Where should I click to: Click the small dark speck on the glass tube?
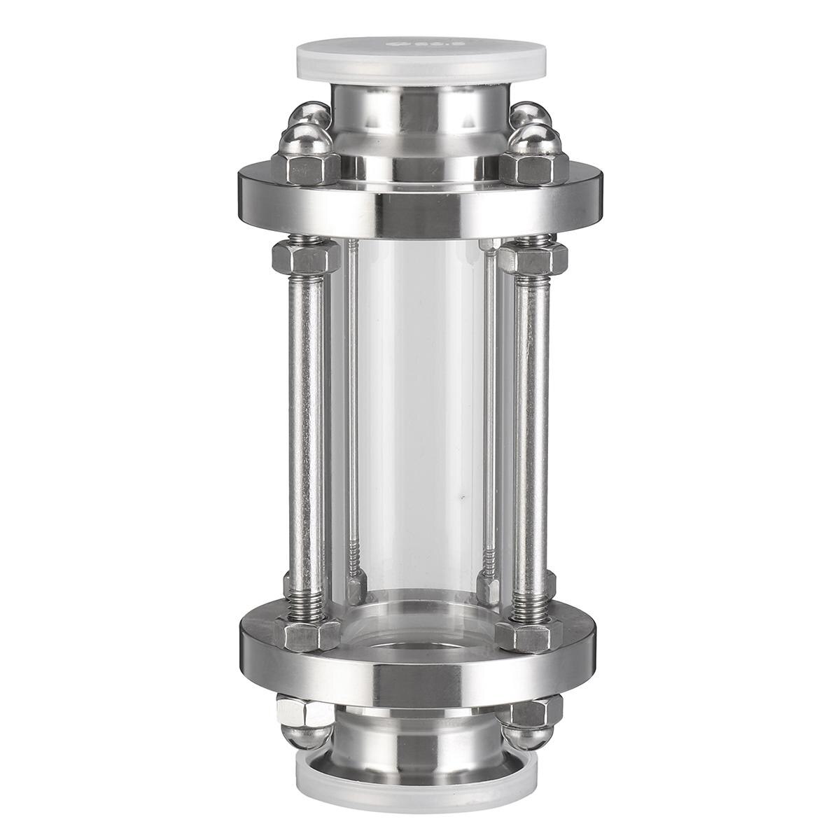[x=461, y=498]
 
